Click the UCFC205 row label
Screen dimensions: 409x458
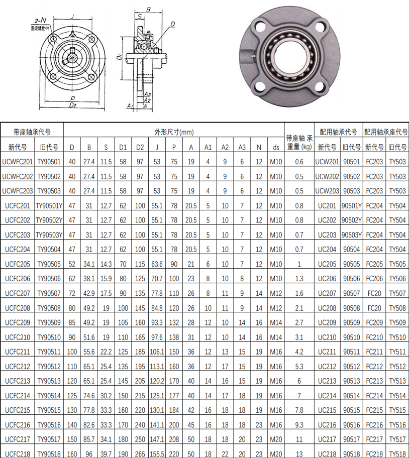(18, 264)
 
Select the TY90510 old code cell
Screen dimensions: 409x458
(49, 337)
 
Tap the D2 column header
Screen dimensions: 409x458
(140, 147)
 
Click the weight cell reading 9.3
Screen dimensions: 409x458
(299, 425)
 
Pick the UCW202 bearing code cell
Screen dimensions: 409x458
(327, 176)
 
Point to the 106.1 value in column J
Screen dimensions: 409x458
(157, 352)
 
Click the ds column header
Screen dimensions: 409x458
(276, 148)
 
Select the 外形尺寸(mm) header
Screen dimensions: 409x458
(174, 132)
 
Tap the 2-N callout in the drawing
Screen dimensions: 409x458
(40, 21)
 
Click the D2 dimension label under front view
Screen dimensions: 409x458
(73, 105)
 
